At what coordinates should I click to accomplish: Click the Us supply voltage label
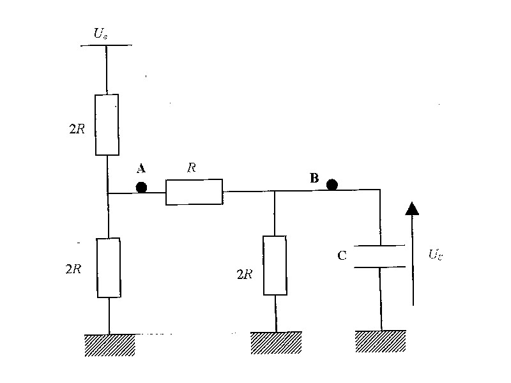[x=100, y=34]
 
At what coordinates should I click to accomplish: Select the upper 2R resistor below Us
[x=107, y=124]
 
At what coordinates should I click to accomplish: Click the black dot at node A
[x=141, y=188]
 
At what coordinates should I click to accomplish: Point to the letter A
[x=141, y=169]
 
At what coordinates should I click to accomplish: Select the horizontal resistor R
[x=194, y=191]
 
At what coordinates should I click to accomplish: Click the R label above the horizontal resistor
[x=191, y=168]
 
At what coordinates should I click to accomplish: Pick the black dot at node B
[x=332, y=185]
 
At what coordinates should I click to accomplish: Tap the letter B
[x=314, y=178]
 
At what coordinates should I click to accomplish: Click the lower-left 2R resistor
[x=109, y=267]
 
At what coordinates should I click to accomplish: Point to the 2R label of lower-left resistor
[x=73, y=269]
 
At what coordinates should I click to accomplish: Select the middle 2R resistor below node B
[x=275, y=265]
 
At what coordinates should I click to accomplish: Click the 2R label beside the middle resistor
[x=244, y=275]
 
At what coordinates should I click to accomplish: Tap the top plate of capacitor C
[x=381, y=246]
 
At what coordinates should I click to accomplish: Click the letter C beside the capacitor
[x=342, y=256]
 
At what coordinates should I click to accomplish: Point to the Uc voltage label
[x=436, y=255]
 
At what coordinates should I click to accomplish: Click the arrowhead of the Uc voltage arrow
[x=413, y=207]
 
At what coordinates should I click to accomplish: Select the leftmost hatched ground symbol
[x=109, y=345]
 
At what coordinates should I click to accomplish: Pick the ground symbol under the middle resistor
[x=276, y=342]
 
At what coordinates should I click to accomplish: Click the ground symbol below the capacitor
[x=381, y=340]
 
